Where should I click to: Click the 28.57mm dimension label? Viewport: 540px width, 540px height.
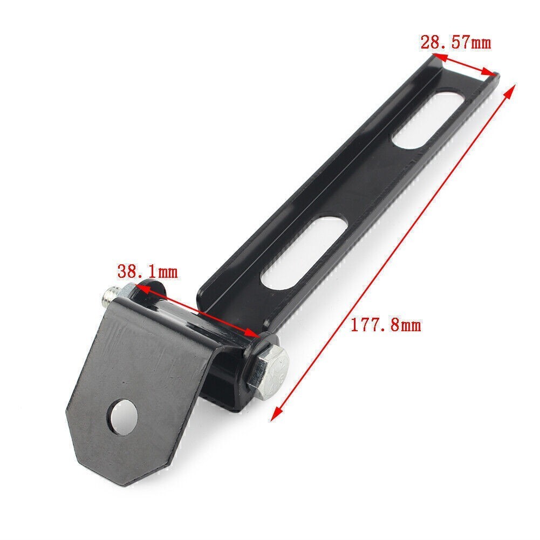455,43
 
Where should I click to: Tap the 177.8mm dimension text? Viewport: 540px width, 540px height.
386,325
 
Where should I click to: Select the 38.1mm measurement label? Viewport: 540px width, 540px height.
147,272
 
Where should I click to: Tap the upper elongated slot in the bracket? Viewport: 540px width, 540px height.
429,119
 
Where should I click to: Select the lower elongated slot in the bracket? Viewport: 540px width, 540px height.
304,252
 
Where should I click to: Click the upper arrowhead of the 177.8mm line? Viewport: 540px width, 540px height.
510,90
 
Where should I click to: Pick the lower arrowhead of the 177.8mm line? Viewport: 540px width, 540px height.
276,414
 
